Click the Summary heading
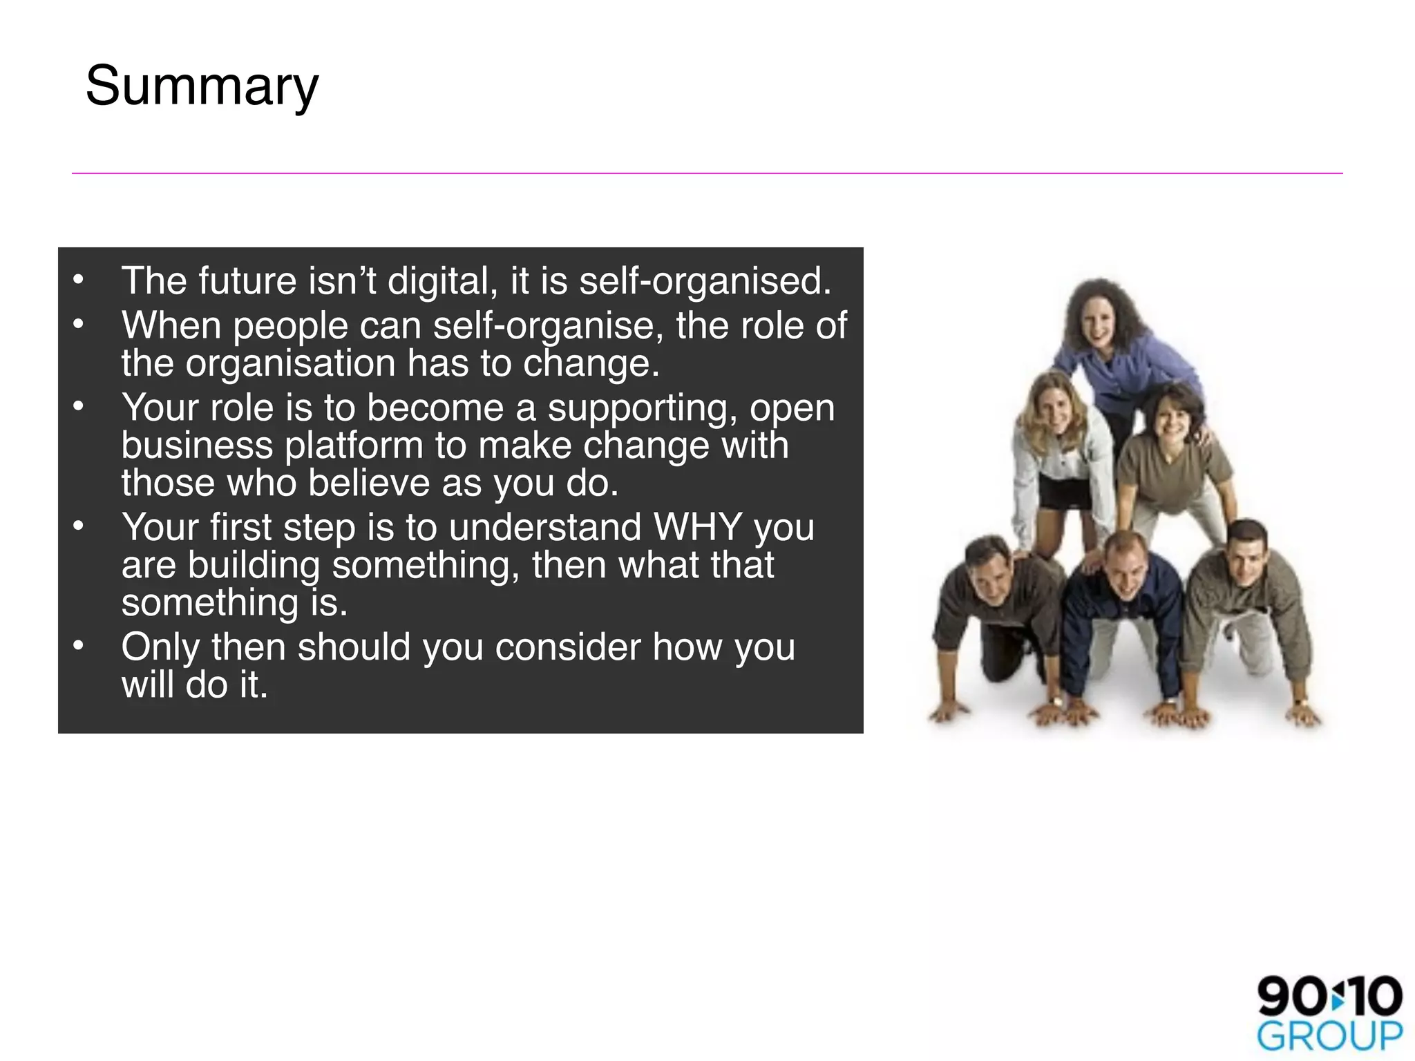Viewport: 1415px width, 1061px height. pos(202,86)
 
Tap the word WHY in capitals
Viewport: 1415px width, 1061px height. pos(697,528)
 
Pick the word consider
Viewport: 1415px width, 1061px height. pos(568,648)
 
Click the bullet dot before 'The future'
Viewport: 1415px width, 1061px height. pos(79,280)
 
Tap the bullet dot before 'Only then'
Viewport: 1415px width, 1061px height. pos(79,646)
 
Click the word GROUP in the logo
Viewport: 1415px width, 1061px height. pos(1329,1037)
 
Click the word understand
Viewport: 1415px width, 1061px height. pos(545,528)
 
